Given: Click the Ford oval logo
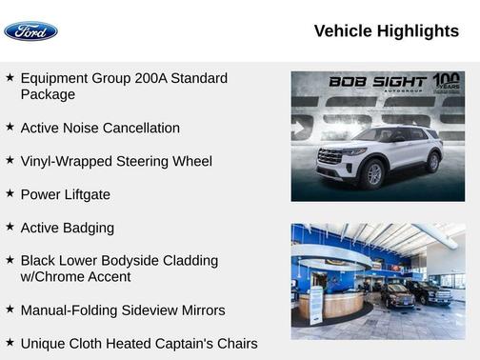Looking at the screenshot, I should pyautogui.click(x=30, y=31).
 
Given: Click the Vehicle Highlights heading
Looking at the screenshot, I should pyautogui.click(x=386, y=31).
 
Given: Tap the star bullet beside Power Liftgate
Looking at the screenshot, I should pyautogui.click(x=10, y=193).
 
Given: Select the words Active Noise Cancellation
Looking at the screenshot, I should pyautogui.click(x=100, y=128).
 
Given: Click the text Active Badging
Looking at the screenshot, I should pyautogui.click(x=68, y=228).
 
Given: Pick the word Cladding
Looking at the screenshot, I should pyautogui.click(x=188, y=260).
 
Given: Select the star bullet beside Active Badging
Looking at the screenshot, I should pyautogui.click(x=10, y=227).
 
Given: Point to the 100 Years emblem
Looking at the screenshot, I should pyautogui.click(x=446, y=82).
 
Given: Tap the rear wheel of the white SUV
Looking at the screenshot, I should pyautogui.click(x=432, y=162).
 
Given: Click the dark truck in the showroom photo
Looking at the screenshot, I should pyautogui.click(x=428, y=291).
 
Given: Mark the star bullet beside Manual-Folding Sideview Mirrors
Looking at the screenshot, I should pyautogui.click(x=10, y=310).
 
